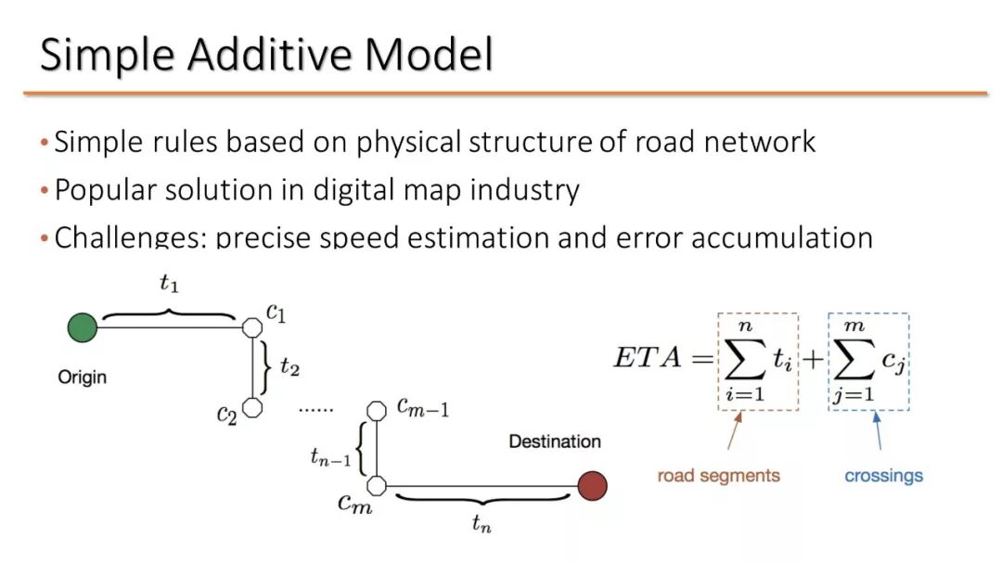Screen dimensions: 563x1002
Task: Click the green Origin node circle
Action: click(x=83, y=327)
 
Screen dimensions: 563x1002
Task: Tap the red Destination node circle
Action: click(x=592, y=485)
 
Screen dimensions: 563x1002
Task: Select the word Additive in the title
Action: click(x=269, y=56)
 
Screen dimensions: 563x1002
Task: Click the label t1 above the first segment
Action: click(x=168, y=285)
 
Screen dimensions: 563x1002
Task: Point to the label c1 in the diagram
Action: click(x=276, y=313)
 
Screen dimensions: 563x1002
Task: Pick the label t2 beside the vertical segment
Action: click(x=289, y=368)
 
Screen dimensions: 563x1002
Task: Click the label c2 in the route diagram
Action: click(x=227, y=414)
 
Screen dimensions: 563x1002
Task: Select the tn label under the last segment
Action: click(x=481, y=525)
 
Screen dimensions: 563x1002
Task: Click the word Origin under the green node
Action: click(x=83, y=377)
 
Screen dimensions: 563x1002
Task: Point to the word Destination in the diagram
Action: click(x=555, y=441)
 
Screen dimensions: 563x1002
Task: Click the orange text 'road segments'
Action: click(x=718, y=476)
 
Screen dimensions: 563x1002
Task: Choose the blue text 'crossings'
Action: click(x=883, y=476)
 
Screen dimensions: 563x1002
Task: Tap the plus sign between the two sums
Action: click(x=812, y=359)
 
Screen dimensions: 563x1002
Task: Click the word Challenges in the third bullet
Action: click(x=130, y=237)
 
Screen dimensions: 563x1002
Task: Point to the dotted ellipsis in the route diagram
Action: click(x=315, y=407)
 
